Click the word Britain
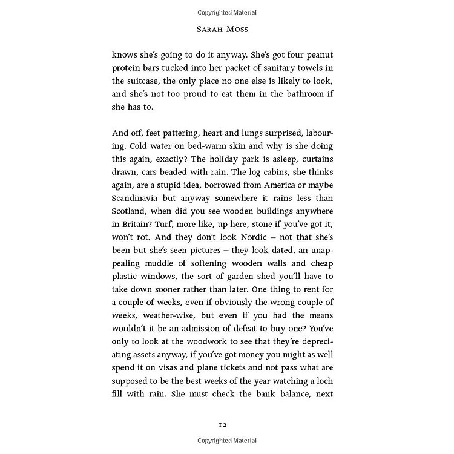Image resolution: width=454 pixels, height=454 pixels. (131, 226)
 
